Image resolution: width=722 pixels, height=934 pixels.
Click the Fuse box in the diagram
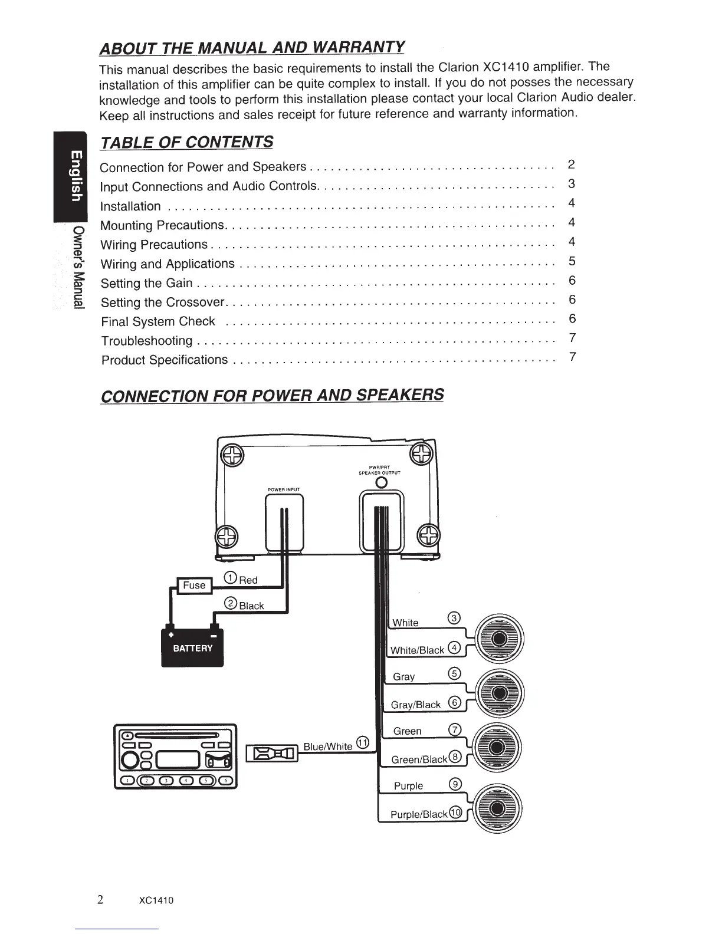194,586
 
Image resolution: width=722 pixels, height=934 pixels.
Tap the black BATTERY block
192,647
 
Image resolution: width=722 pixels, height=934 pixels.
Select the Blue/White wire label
327,746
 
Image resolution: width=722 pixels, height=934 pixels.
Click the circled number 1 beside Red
231,578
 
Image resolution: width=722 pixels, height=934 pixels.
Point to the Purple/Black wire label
419,814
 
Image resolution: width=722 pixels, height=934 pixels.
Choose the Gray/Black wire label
416,705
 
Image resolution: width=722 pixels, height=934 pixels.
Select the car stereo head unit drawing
175,756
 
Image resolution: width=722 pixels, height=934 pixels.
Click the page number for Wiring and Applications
572,261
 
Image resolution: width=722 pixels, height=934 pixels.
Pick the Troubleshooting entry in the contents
147,341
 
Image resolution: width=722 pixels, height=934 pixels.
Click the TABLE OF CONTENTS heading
186,143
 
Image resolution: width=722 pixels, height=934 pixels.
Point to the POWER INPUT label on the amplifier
284,489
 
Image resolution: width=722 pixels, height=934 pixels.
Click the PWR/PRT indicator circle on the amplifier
381,483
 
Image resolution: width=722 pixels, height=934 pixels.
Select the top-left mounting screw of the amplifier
233,455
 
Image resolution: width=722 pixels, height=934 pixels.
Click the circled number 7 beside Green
454,729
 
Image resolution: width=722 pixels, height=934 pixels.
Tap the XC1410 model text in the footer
156,900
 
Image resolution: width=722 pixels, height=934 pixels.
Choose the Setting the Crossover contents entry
163,302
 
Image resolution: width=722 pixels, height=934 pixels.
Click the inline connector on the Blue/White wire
273,753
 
